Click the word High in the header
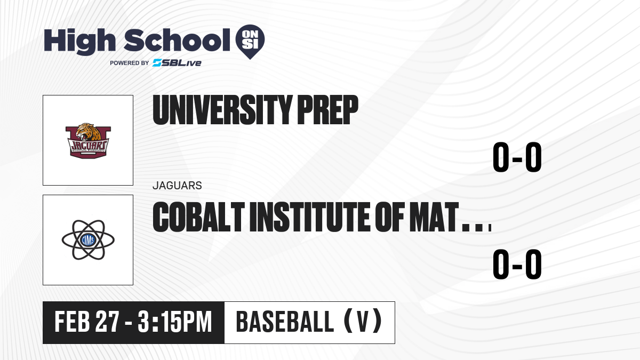79,42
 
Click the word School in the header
177,40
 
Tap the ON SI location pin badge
250,42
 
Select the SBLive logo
177,63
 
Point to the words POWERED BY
130,63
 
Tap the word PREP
327,110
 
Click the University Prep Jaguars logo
88,141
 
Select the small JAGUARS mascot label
177,186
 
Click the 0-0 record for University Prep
517,157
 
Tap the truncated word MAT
434,217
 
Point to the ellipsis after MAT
477,228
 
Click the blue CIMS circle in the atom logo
88,240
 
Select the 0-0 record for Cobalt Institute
517,264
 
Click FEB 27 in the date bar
86,322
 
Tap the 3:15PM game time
174,322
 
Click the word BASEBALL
285,322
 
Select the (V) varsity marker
363,322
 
